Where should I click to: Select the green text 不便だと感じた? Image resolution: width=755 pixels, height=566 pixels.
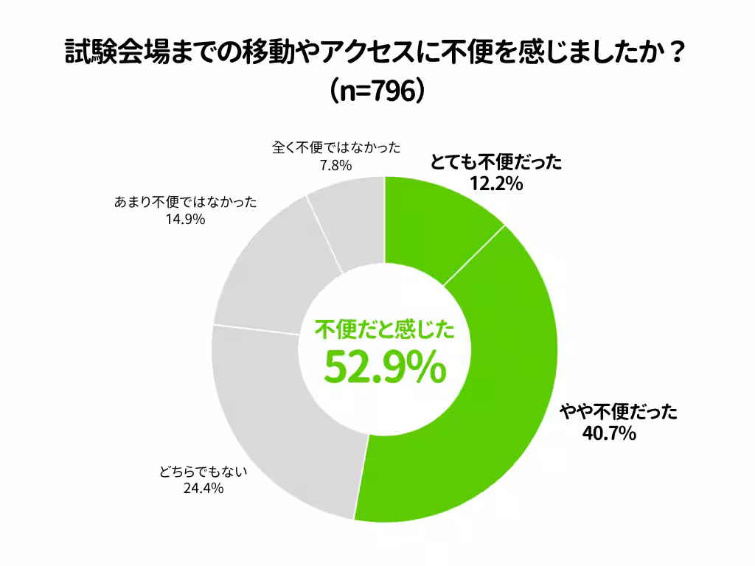click(384, 330)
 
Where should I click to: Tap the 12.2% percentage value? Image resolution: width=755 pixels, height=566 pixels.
click(495, 184)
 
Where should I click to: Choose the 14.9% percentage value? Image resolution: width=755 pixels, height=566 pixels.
click(184, 219)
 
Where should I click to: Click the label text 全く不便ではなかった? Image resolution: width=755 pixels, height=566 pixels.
click(336, 147)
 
